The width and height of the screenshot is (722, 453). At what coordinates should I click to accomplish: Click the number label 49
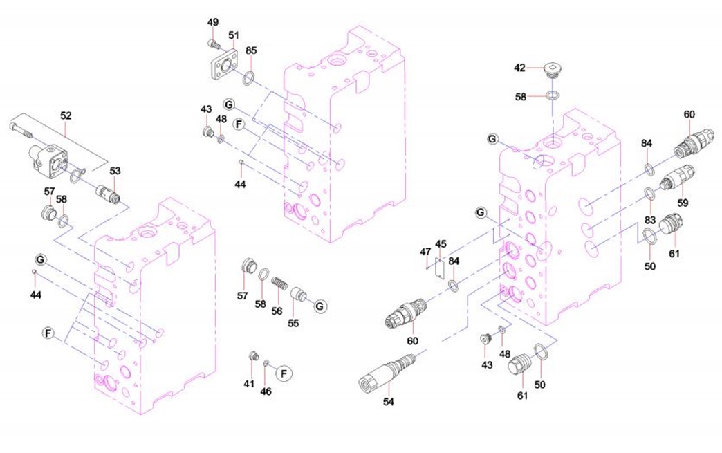[x=214, y=22]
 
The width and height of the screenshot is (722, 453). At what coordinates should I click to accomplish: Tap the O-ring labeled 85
[x=251, y=76]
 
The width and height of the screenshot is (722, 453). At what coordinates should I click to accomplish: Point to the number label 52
[x=66, y=115]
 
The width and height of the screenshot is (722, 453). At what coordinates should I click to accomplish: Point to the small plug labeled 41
[x=254, y=356]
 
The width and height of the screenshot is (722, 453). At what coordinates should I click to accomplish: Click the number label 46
[x=266, y=391]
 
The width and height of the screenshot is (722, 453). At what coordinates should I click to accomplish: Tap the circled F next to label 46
[x=284, y=373]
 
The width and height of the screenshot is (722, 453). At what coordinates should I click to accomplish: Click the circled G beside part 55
[x=320, y=304]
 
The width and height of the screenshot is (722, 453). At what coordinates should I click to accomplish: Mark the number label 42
[x=520, y=68]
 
